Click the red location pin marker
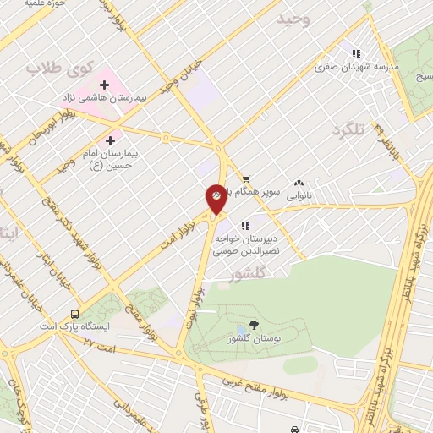pyautogui.click(x=216, y=198)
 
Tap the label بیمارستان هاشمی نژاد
pyautogui.click(x=101, y=99)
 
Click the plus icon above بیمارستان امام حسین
pyautogui.click(x=111, y=140)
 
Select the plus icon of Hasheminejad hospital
pyautogui.click(x=105, y=85)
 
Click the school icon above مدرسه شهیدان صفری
pyautogui.click(x=355, y=51)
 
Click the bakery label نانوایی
pyautogui.click(x=298, y=195)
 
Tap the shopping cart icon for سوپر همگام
pyautogui.click(x=245, y=178)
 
